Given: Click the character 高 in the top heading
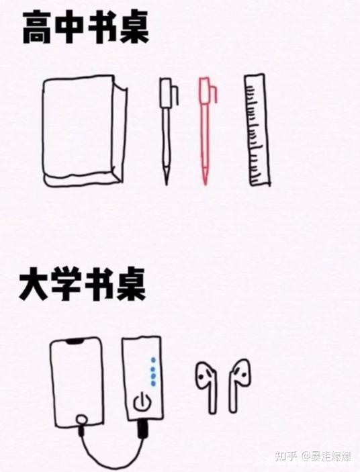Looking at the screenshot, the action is pos(38,28).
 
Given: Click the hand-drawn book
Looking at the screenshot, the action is pos(84,131).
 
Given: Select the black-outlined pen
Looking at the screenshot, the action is pos(167,131).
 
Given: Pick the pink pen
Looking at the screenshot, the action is pos(206,131).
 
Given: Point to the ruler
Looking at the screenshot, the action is pos(257,130).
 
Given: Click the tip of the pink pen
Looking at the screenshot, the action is pos(206,183).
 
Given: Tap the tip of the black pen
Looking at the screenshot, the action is pos(167,183).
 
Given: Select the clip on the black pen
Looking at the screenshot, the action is pos(175,95).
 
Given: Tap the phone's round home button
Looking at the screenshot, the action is pos(81,420).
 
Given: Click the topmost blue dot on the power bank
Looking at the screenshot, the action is pos(154,360).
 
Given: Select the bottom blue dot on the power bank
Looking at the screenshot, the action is pos(154,383).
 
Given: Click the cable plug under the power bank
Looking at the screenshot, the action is pos(142,428).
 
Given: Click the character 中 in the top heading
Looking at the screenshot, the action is pos(71,28).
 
